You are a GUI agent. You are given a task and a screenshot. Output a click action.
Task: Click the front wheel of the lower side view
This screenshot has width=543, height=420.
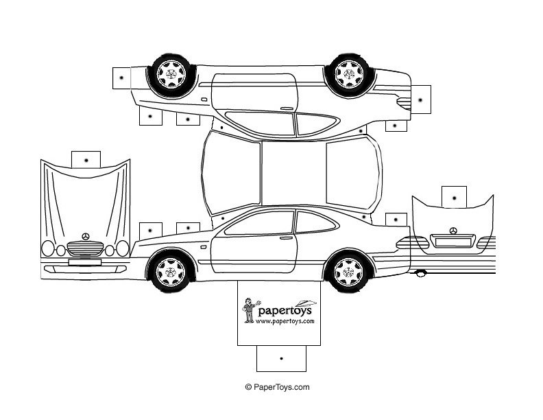point(169,271)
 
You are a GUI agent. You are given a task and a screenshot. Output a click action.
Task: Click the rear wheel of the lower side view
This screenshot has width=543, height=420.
point(348,271)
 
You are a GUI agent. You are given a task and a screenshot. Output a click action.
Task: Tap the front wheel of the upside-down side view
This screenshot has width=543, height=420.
point(169,71)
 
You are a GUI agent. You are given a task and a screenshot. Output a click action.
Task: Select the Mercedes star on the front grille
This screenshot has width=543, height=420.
point(85,236)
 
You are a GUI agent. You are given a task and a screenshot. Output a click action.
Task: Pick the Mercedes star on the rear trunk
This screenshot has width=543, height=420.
point(452,231)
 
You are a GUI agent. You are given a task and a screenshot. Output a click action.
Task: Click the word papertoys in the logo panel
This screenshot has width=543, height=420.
point(285,310)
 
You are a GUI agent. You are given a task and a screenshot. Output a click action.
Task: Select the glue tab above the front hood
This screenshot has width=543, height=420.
point(86,159)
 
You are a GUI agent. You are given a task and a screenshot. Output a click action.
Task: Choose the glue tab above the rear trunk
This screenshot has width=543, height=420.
point(453,196)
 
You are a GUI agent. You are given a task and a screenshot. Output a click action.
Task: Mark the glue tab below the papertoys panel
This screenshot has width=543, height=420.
point(281,358)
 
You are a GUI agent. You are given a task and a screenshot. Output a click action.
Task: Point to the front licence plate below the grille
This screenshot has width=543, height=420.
point(84,260)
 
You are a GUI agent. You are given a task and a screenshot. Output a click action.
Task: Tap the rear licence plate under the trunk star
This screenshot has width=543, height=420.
point(452,242)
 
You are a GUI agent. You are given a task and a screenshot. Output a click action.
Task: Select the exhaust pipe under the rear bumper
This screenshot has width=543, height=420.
point(420,273)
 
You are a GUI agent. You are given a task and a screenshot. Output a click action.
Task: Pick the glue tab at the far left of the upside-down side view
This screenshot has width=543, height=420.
point(121,78)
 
